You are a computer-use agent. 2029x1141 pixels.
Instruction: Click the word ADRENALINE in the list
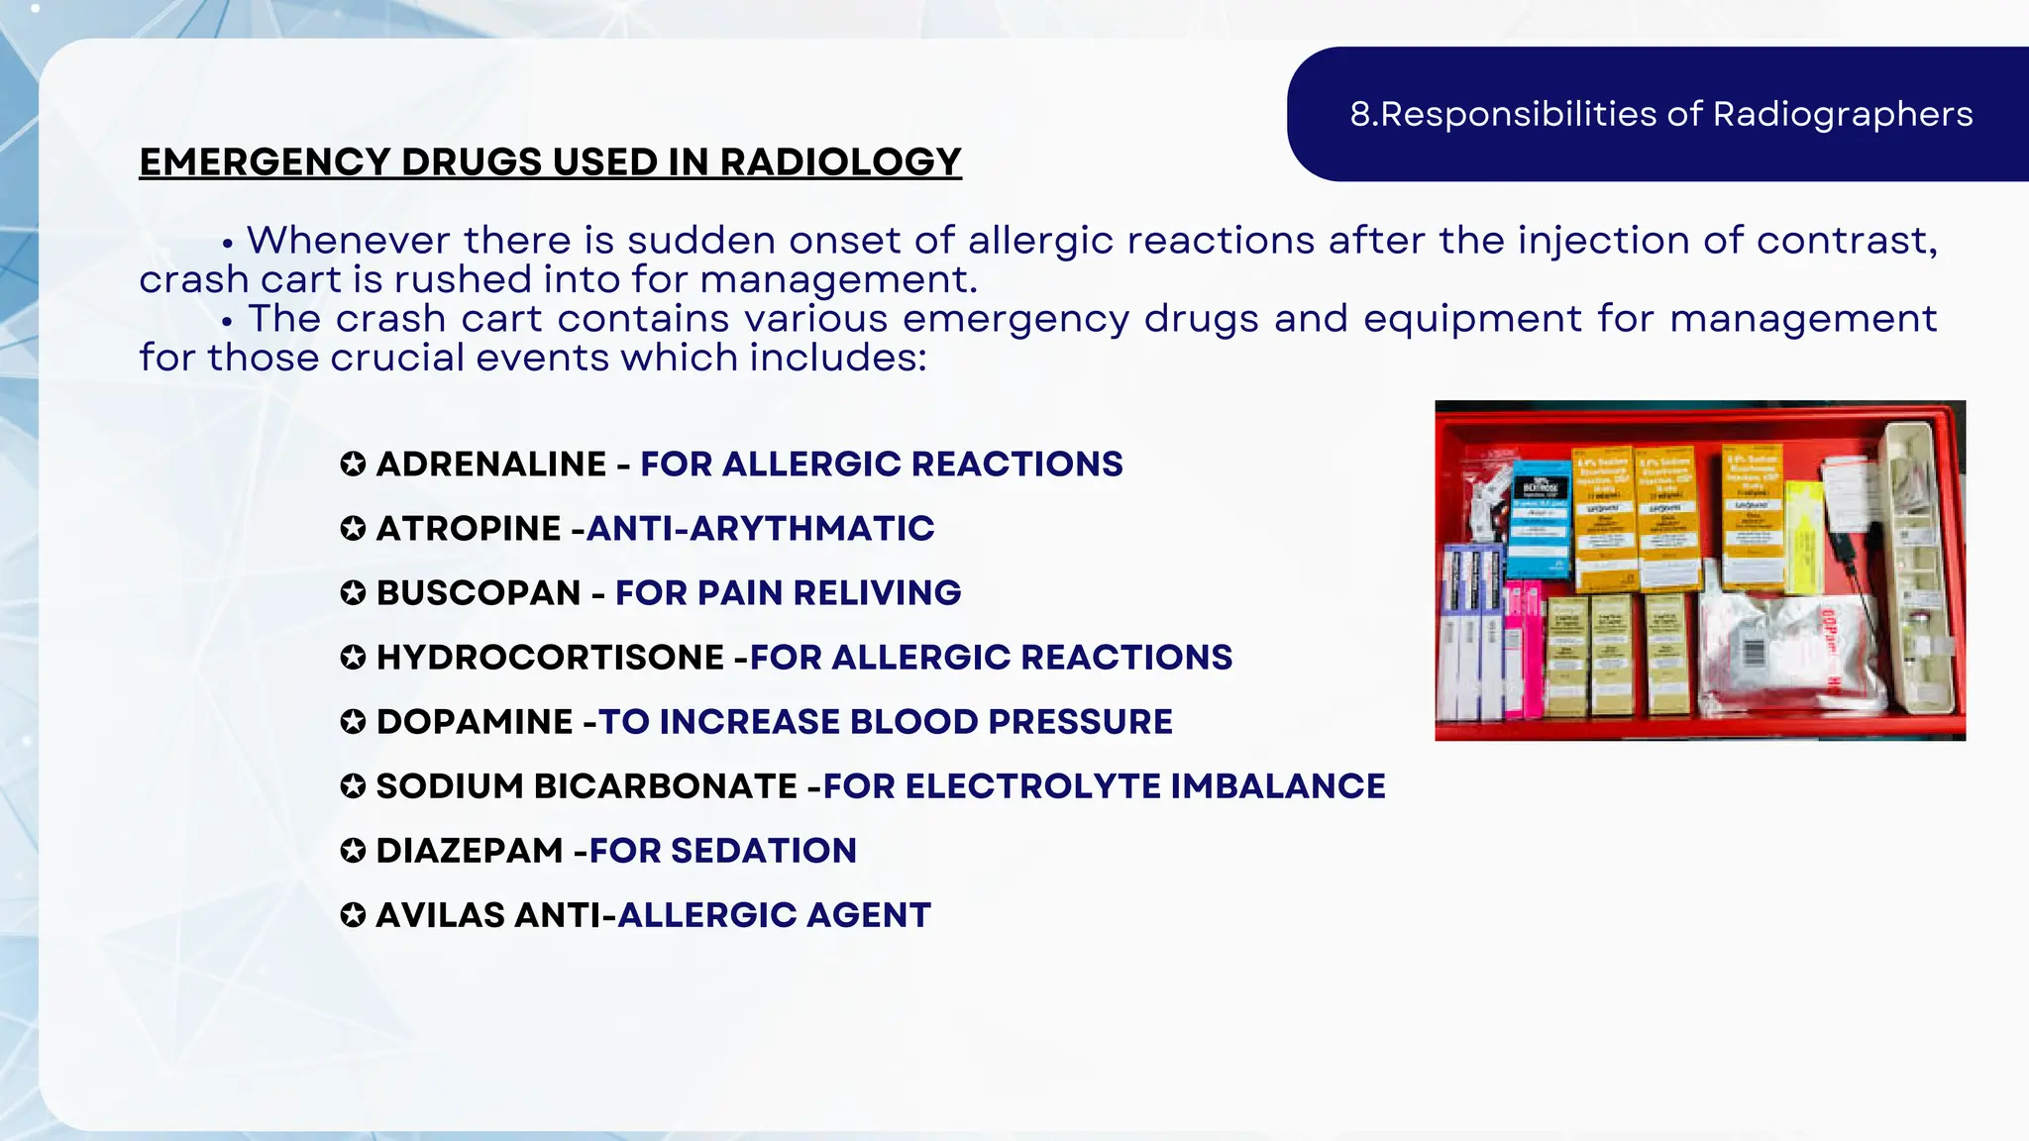click(490, 465)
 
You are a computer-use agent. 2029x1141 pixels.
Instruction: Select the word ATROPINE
click(468, 529)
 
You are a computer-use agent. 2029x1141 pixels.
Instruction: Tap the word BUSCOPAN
click(478, 593)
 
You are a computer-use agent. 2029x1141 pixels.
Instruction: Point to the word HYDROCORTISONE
click(550, 658)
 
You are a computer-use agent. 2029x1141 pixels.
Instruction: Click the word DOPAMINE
click(474, 722)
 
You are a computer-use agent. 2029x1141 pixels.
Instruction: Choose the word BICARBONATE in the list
click(665, 786)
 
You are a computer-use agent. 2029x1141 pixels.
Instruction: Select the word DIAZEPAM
click(469, 851)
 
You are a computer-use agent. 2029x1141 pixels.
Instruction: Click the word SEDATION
click(763, 851)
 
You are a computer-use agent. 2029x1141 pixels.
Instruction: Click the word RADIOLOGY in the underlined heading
click(840, 162)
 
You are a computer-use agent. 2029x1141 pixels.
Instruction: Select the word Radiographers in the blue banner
click(1843, 115)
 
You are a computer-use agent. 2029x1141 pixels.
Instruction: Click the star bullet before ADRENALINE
click(353, 465)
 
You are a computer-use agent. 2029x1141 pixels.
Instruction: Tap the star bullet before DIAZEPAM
click(353, 851)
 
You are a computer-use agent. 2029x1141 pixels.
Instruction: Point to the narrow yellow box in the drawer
click(1805, 540)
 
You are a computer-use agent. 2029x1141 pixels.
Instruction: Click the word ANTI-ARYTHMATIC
click(760, 529)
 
